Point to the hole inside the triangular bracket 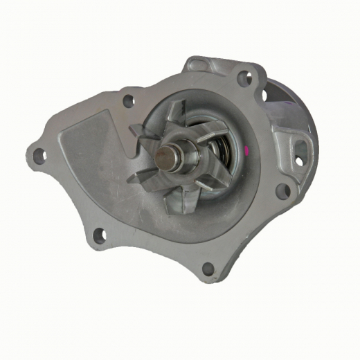coord(300,160)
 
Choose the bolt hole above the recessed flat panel coord(128,100)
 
